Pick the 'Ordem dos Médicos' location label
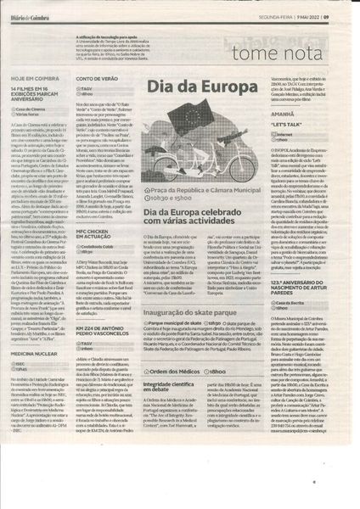tap(178, 373)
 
